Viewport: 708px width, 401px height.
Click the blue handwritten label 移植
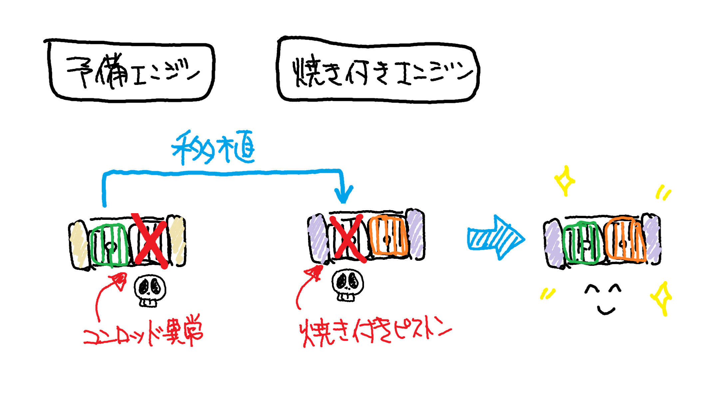click(x=213, y=148)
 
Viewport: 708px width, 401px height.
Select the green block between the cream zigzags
click(x=109, y=245)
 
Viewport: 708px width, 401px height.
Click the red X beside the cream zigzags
click(x=151, y=240)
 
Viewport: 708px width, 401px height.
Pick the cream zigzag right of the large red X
click(x=177, y=240)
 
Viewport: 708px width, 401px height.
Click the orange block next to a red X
click(x=388, y=235)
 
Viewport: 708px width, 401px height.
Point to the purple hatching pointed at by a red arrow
click(x=318, y=238)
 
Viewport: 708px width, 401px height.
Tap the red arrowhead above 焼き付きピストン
click(x=315, y=273)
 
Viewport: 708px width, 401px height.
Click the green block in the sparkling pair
click(x=581, y=242)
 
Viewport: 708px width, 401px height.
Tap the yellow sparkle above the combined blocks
click(x=565, y=181)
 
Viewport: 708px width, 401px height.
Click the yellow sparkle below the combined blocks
click(x=662, y=298)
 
